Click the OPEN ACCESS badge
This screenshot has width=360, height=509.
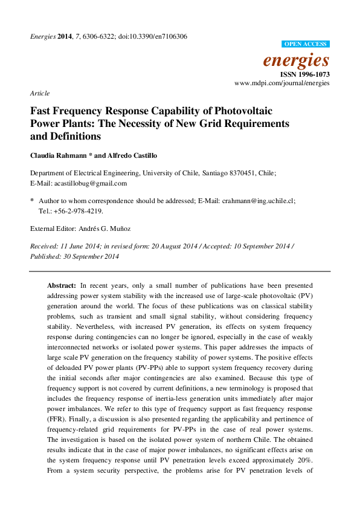point(306,44)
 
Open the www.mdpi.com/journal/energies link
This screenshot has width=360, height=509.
point(281,82)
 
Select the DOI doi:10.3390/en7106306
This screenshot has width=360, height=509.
point(155,36)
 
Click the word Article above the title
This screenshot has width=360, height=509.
point(40,93)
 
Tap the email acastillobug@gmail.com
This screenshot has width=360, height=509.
point(90,183)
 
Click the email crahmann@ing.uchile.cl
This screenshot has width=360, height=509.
point(258,199)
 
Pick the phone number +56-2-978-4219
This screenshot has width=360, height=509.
point(77,211)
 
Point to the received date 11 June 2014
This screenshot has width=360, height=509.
point(77,246)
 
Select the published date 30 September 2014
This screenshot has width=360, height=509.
point(93,256)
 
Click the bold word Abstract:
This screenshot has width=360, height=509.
point(62,284)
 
